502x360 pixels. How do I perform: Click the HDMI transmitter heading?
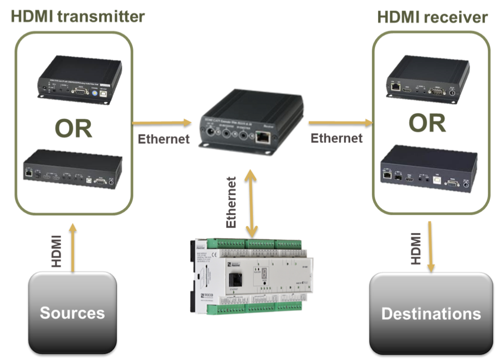tap(77, 17)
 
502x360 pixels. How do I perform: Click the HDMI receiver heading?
tap(432, 17)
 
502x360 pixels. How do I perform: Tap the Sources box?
tap(73, 313)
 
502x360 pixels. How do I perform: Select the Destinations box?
tap(431, 314)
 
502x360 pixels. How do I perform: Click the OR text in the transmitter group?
tap(73, 128)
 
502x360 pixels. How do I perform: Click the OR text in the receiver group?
tap(428, 123)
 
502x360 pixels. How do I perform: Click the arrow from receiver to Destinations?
tap(429, 246)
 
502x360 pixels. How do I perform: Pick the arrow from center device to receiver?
tap(340, 122)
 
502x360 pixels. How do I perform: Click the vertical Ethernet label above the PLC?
tap(232, 202)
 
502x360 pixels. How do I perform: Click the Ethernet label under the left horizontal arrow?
tap(164, 138)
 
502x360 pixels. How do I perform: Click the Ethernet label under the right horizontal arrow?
tap(336, 138)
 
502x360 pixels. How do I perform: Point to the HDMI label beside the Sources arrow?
tap(57, 250)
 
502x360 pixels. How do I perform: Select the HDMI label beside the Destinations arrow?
tap(415, 248)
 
